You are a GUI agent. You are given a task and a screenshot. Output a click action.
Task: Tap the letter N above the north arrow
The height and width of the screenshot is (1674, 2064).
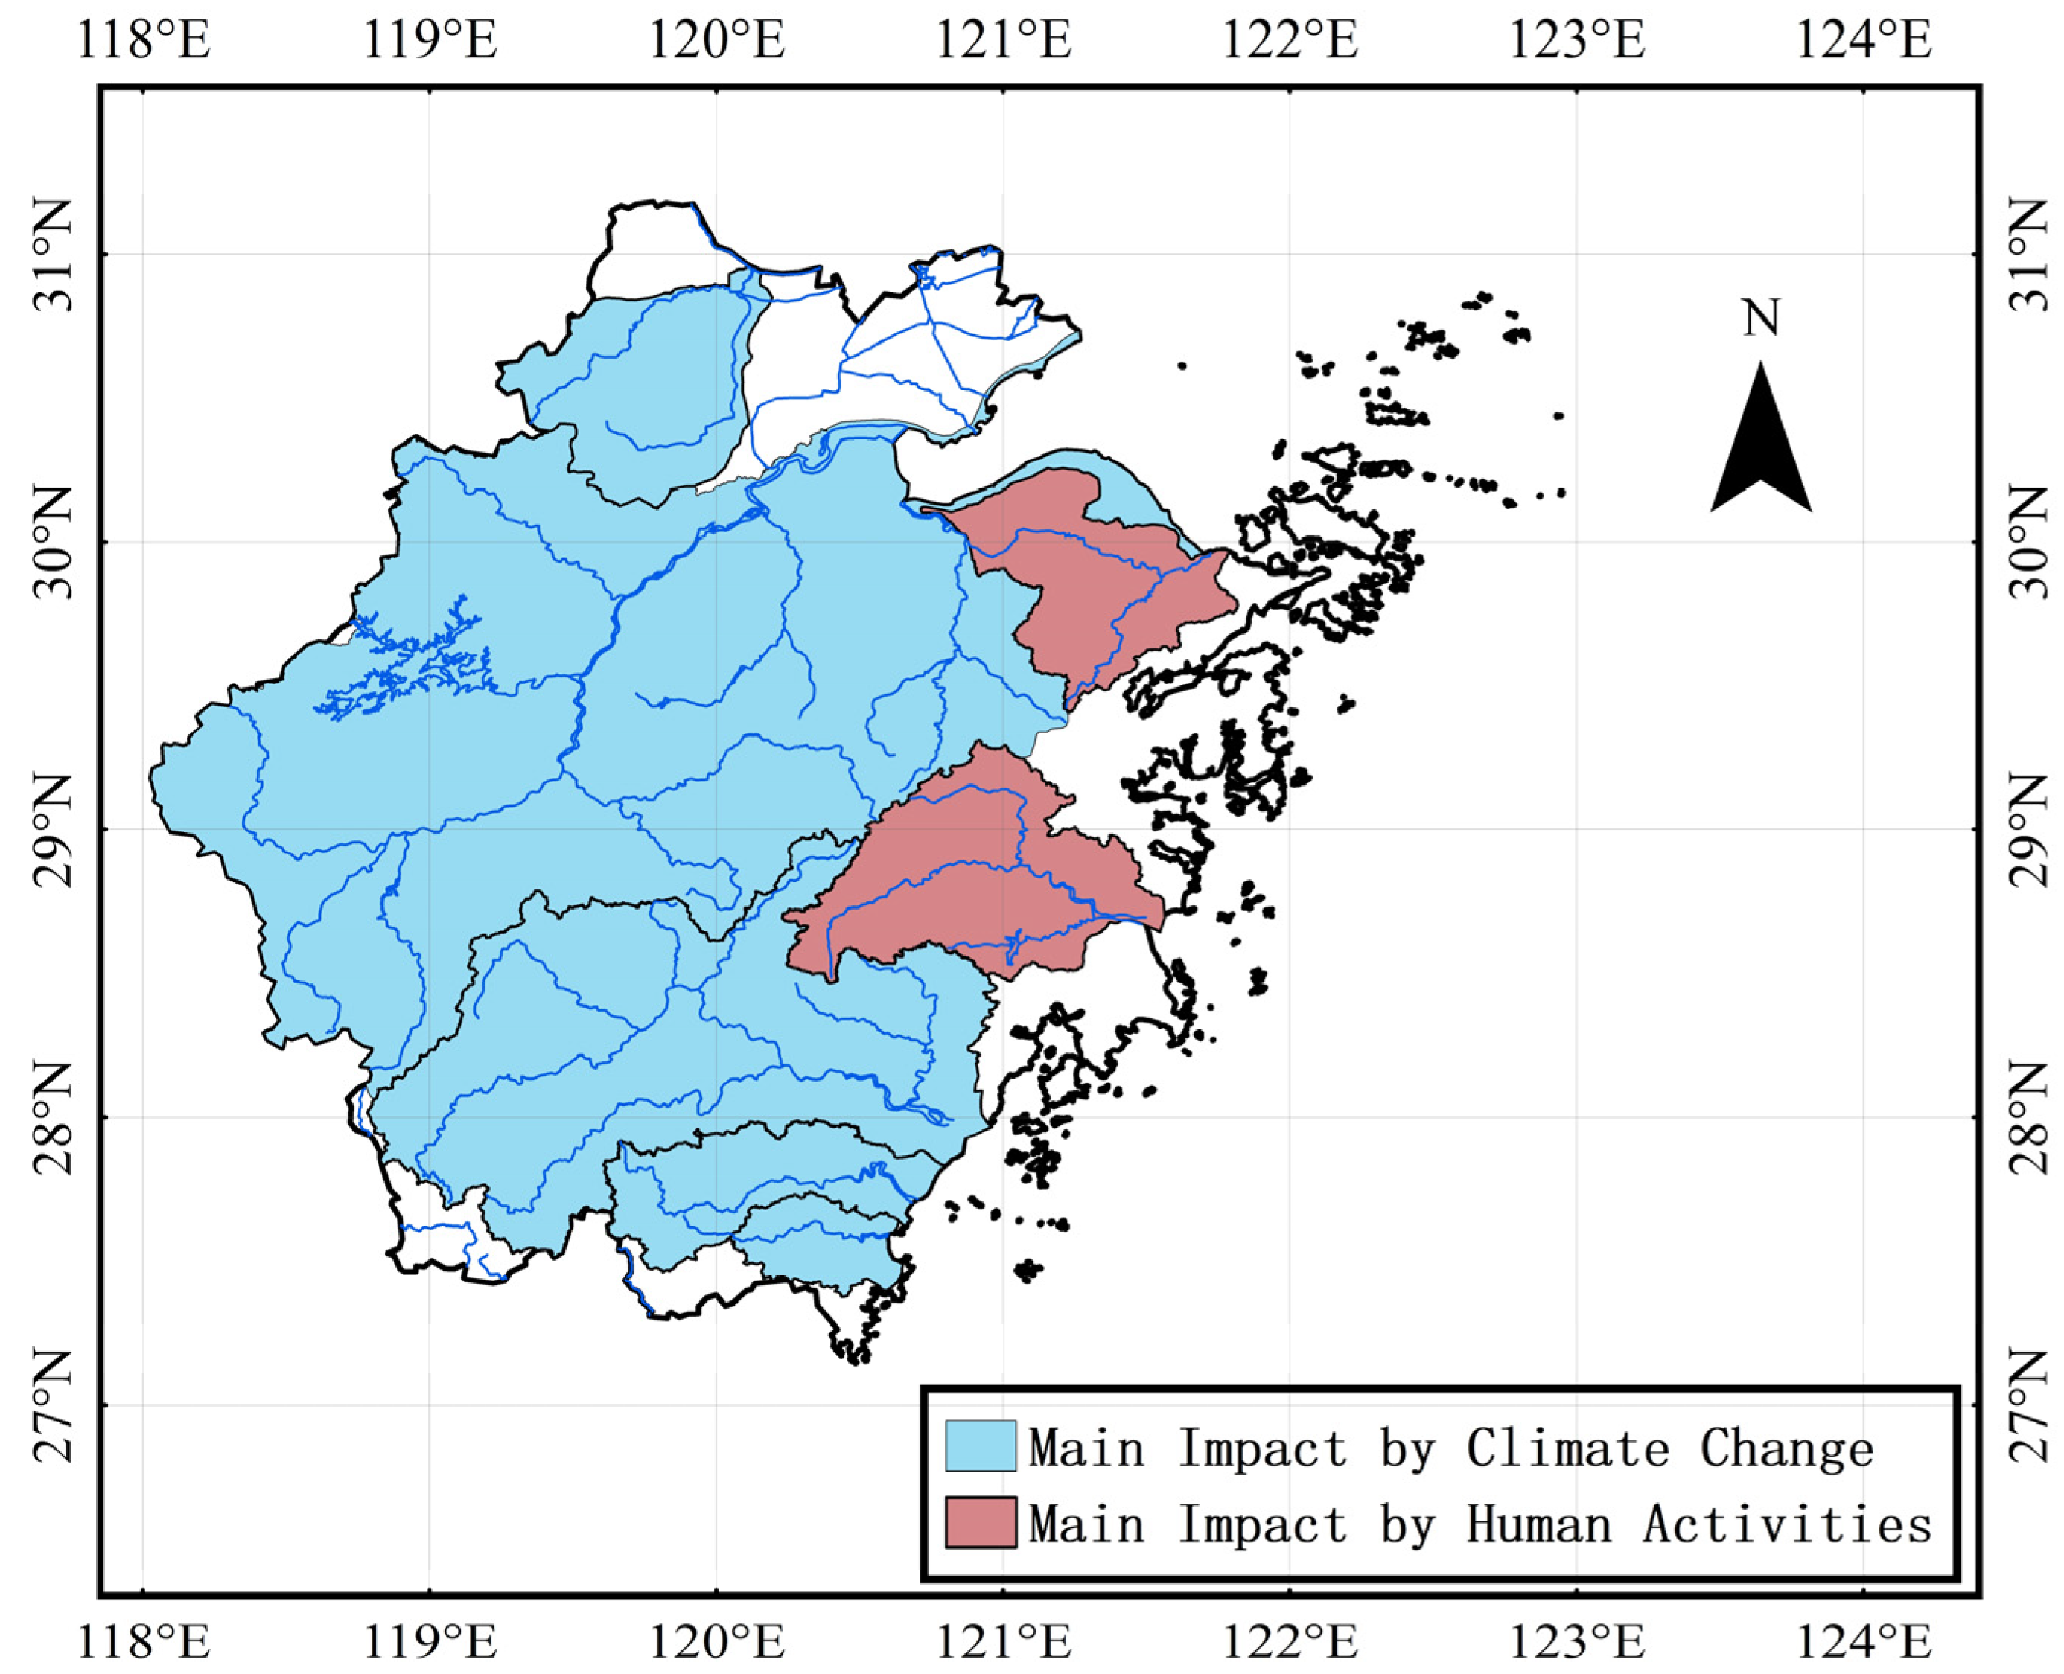1760,317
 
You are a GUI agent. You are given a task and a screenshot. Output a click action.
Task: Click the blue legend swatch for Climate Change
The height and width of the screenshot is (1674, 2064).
980,1445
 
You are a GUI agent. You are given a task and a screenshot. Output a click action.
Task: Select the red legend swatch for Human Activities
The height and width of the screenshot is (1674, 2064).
980,1521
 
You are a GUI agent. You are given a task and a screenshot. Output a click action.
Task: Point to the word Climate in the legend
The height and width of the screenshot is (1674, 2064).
1567,1448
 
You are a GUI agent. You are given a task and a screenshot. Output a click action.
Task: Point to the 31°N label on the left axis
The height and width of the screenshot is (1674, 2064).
53,255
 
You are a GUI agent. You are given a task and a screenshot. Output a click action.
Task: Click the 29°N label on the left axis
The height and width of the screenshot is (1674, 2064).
53,829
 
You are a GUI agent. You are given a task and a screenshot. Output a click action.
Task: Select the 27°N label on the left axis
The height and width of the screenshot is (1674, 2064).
53,1405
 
